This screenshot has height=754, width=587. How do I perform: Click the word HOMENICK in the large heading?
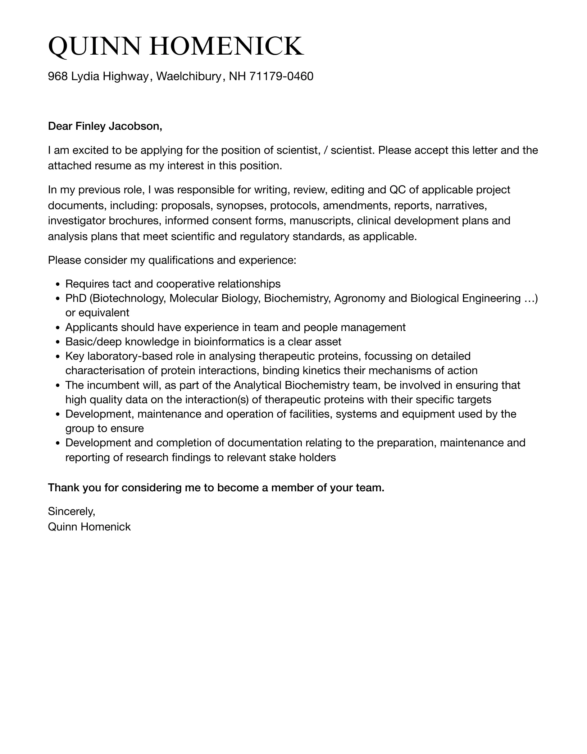[x=226, y=46]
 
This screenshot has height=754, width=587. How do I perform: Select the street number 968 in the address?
[x=58, y=76]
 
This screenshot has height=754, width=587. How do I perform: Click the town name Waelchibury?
[x=188, y=76]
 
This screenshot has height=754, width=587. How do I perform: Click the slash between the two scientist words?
[x=325, y=150]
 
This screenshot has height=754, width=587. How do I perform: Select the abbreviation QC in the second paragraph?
[x=398, y=189]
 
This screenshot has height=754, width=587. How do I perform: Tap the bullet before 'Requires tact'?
[x=58, y=284]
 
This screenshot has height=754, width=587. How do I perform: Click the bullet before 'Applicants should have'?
[x=58, y=328]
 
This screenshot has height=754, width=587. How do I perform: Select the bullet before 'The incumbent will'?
[x=58, y=386]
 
